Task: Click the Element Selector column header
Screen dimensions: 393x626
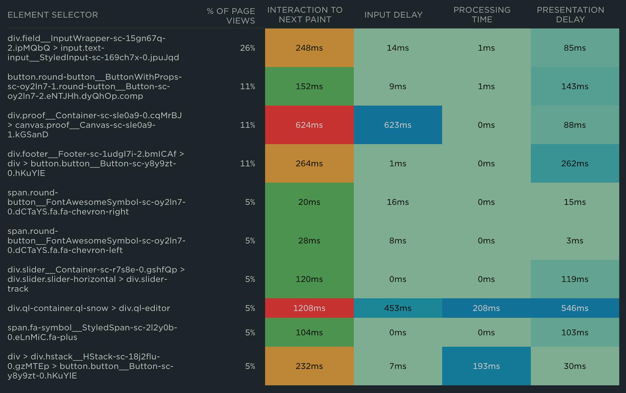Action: (53, 15)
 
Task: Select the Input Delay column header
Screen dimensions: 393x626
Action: (393, 15)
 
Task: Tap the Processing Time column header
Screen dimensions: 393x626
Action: (482, 15)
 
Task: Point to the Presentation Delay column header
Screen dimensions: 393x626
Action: (570, 15)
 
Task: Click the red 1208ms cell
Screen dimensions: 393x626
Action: (309, 308)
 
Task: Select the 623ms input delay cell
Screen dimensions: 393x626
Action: (398, 125)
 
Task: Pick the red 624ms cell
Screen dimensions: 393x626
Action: (309, 125)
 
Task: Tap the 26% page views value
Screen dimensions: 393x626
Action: (247, 48)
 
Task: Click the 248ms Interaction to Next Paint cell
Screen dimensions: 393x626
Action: (309, 48)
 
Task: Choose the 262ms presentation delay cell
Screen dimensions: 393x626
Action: (575, 163)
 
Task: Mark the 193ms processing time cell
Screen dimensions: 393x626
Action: (486, 366)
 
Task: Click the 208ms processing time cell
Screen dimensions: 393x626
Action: (486, 308)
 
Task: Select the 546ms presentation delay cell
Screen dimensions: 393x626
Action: (575, 308)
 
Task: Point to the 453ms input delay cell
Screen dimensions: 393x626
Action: (398, 308)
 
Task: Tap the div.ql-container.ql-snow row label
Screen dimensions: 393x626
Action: (89, 308)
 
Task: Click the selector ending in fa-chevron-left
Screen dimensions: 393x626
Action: (96, 241)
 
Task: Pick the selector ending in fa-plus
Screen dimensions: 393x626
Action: (92, 332)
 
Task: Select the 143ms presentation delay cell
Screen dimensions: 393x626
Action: (575, 86)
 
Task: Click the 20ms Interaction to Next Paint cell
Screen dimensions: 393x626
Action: (309, 202)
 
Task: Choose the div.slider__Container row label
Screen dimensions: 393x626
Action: (96, 279)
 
